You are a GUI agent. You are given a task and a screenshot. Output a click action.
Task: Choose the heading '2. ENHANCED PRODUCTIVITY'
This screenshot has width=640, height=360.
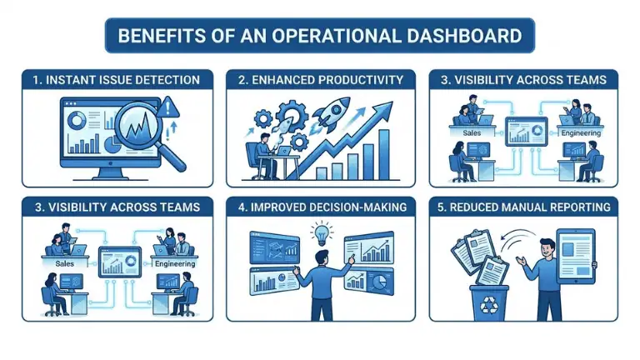[x=319, y=80]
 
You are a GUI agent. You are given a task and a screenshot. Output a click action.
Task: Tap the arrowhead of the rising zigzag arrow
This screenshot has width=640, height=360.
[x=386, y=107]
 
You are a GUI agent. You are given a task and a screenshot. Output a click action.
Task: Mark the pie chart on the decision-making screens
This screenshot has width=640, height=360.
[x=378, y=281]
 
